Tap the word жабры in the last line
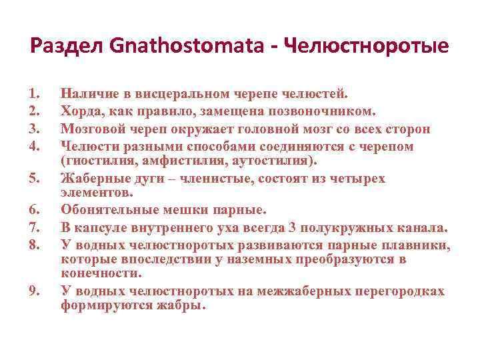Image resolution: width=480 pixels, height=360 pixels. pos(181,306)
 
